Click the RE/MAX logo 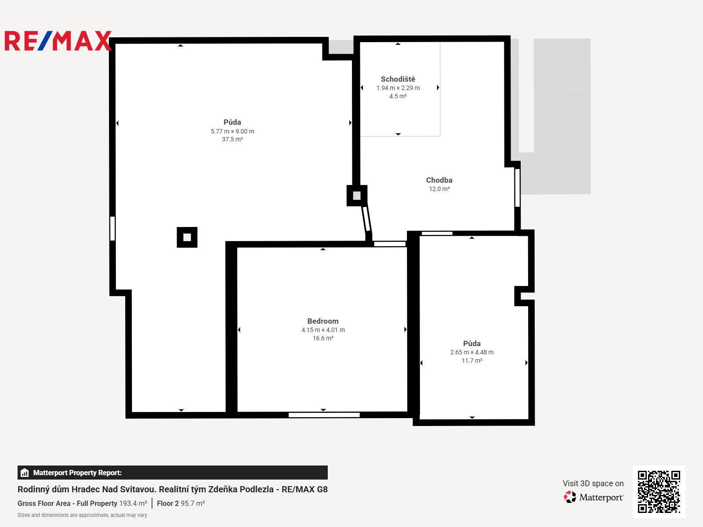[58, 41]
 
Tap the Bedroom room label [323, 321]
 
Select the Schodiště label [398, 79]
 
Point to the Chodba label [439, 180]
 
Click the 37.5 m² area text [232, 139]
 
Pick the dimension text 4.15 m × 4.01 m [323, 330]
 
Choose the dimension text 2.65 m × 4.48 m [472, 352]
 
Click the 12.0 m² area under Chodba [439, 189]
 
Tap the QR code [659, 491]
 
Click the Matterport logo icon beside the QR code [570, 497]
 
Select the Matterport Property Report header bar [173, 473]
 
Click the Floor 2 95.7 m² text [181, 503]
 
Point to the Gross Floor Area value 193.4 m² [133, 503]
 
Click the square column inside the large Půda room [187, 237]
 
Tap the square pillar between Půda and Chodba [357, 195]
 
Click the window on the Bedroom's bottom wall [324, 415]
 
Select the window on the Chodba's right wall [517, 188]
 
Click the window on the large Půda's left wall [112, 228]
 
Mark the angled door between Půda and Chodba [366, 219]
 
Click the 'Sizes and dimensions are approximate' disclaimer [82, 515]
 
